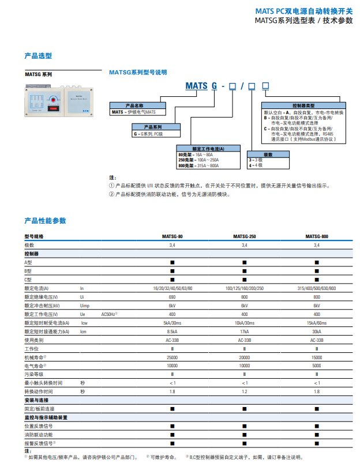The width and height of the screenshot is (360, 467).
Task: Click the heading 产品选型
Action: click(x=38, y=57)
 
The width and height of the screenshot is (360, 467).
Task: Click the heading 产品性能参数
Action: click(x=45, y=221)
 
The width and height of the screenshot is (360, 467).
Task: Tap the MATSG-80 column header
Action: click(x=172, y=237)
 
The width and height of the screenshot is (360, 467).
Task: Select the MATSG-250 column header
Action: click(x=245, y=237)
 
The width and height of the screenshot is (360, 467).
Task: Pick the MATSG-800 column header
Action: click(x=317, y=237)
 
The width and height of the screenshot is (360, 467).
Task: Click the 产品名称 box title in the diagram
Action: click(x=138, y=106)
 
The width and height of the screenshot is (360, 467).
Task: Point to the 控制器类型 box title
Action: click(x=303, y=106)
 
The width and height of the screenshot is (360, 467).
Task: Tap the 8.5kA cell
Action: click(x=172, y=332)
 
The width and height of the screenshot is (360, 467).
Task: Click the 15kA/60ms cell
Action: click(x=317, y=323)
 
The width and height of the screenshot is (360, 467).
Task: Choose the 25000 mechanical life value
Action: click(x=172, y=357)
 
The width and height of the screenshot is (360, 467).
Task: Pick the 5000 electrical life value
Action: click(x=317, y=366)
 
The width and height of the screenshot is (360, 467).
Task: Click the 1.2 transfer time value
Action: click(x=245, y=391)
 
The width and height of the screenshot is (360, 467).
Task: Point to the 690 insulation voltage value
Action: click(x=172, y=297)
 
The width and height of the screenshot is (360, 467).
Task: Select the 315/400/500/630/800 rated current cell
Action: click(x=317, y=288)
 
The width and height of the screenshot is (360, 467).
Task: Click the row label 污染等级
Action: click(x=33, y=375)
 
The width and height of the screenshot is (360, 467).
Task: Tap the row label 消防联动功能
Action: click(x=38, y=434)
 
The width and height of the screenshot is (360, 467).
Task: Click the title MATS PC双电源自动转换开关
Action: click(x=303, y=11)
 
